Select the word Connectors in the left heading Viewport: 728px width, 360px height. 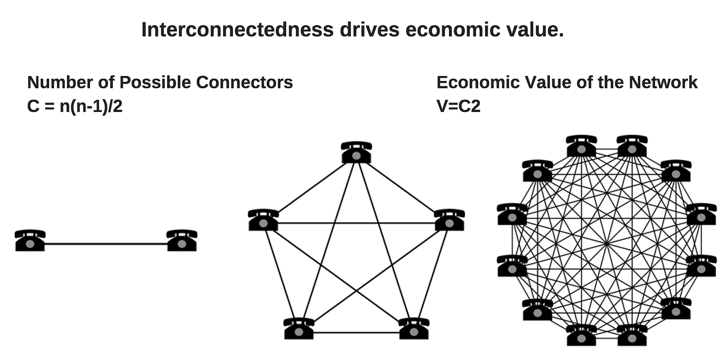(244, 82)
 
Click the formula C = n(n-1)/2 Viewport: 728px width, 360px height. (75, 106)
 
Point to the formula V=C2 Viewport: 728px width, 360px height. (458, 106)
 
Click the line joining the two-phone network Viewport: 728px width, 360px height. (106, 244)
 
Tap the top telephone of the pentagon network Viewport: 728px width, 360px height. (356, 152)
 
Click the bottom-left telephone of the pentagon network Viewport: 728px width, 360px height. (298, 329)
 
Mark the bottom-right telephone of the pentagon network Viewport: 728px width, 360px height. (414, 329)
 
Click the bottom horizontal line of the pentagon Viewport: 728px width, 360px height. (356, 333)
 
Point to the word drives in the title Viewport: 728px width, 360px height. (369, 30)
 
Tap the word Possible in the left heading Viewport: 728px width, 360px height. (155, 82)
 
